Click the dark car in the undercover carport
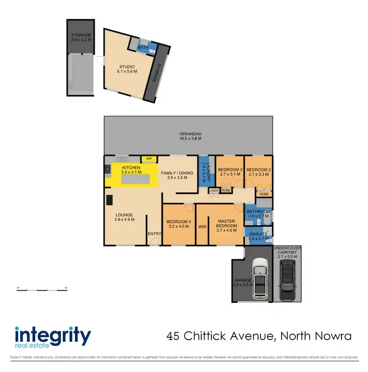[x=287, y=281]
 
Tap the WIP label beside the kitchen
[x=148, y=159]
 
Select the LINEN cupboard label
[x=214, y=190]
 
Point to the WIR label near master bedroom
[x=202, y=227]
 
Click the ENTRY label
[x=155, y=234]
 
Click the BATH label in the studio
[x=143, y=48]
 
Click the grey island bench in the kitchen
[x=134, y=180]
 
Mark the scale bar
[x=42, y=289]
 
